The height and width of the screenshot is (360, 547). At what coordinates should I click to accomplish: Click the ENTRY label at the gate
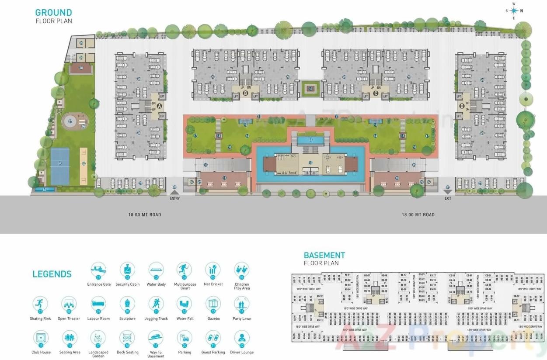tap(174, 198)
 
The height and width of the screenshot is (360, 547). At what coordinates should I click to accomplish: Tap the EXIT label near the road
tap(447, 198)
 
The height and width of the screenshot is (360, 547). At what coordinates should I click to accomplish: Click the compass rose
tap(514, 11)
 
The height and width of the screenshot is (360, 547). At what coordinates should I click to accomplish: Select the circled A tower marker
tap(159, 106)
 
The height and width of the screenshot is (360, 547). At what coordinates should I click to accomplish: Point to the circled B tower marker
tap(245, 93)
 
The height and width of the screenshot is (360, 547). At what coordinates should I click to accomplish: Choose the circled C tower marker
tap(376, 93)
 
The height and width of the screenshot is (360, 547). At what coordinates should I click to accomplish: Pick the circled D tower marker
tap(461, 106)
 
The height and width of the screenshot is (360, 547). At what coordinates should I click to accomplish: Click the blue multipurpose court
tap(60, 166)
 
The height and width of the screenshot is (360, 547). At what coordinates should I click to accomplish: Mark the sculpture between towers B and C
tap(310, 89)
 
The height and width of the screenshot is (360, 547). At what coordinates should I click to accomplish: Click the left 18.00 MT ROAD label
tap(145, 215)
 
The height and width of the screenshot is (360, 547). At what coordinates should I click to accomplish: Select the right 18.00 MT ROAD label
tap(418, 215)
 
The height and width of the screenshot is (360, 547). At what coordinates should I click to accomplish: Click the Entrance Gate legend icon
tap(98, 270)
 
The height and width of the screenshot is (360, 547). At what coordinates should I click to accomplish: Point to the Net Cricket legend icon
tap(213, 270)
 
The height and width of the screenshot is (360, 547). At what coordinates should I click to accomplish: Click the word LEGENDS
tap(52, 274)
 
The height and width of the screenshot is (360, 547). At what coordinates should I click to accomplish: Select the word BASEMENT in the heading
tap(324, 255)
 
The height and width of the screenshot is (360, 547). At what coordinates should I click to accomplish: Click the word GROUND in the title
tap(54, 13)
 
